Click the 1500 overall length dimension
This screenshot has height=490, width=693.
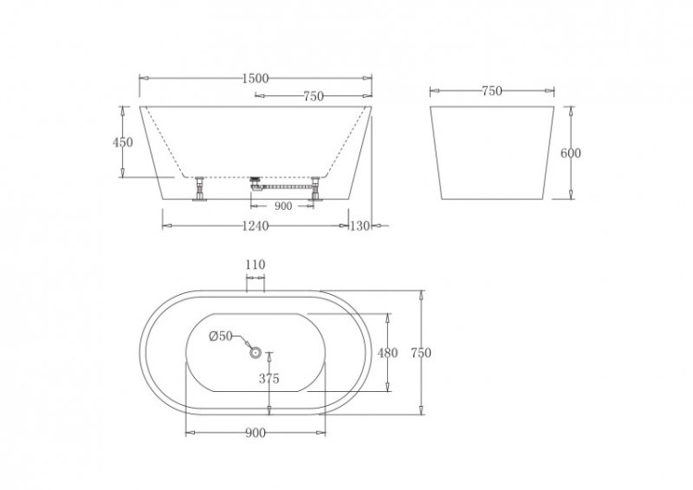pos(255,79)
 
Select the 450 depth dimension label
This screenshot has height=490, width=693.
pos(123,142)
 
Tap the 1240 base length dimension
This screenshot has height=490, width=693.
pos(255,226)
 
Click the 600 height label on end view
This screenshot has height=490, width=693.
pos(571,153)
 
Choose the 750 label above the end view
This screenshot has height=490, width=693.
pos(492,91)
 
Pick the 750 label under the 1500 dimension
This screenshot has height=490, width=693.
pos(313,96)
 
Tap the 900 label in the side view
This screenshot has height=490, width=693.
pos(283,206)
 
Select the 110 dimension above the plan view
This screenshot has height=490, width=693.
pos(255,264)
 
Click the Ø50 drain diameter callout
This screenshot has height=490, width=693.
pos(220,336)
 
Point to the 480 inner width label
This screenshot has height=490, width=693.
pos(388,352)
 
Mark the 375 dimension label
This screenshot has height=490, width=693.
pos(269,379)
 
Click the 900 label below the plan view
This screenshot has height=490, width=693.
pos(255,433)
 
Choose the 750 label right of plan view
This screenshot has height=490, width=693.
pos(421,352)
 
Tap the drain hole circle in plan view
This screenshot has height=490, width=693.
pos(256,351)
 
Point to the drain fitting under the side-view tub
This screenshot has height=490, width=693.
pos(257,182)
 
